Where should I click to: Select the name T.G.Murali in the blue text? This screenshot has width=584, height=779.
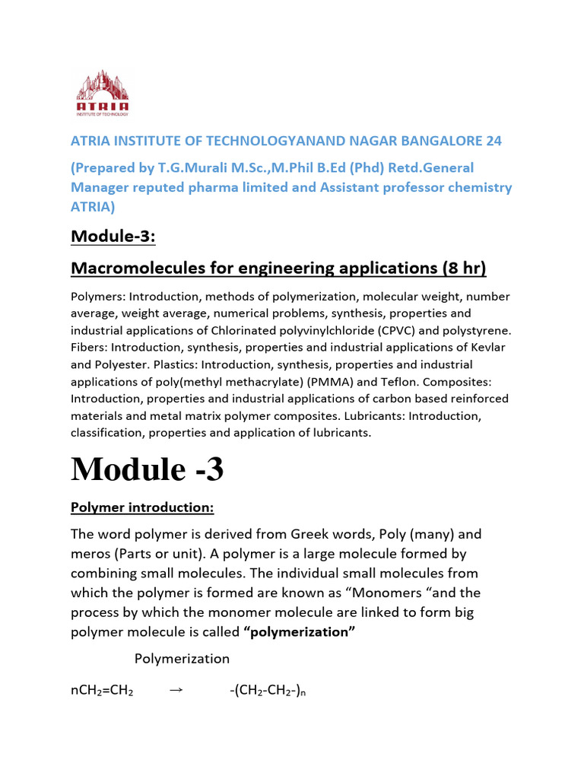tap(189, 167)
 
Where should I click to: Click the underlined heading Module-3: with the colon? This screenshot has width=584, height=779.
tap(113, 237)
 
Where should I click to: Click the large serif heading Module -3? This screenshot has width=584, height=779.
tap(148, 469)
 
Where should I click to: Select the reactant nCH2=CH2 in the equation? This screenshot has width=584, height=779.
tap(103, 692)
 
